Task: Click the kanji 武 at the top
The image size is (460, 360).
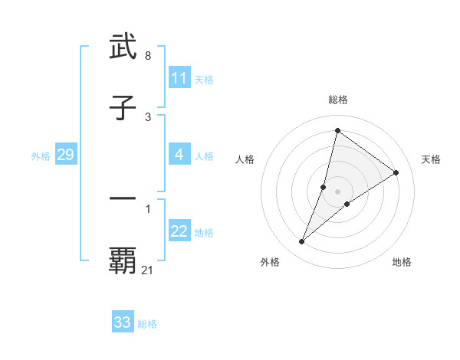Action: [123, 47]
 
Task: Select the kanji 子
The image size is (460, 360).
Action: [123, 109]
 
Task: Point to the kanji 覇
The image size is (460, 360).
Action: [123, 260]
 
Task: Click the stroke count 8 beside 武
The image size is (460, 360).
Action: [147, 56]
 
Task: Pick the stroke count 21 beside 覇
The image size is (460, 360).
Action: [148, 270]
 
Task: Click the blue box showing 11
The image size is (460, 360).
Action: [179, 78]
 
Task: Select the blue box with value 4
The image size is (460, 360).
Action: [179, 155]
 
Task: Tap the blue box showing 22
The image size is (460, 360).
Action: [179, 231]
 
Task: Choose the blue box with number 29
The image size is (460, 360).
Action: [65, 155]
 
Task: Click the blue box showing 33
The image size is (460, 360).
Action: [123, 322]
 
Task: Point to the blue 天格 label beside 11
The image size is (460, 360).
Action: [204, 79]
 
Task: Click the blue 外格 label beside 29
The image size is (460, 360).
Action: [41, 155]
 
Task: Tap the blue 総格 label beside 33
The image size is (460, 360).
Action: [147, 324]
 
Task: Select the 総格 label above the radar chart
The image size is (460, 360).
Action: [338, 100]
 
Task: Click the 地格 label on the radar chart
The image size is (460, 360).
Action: [402, 262]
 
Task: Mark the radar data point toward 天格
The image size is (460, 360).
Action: [396, 173]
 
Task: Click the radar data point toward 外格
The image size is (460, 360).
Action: [301, 242]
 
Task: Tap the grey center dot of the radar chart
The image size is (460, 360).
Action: [338, 191]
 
